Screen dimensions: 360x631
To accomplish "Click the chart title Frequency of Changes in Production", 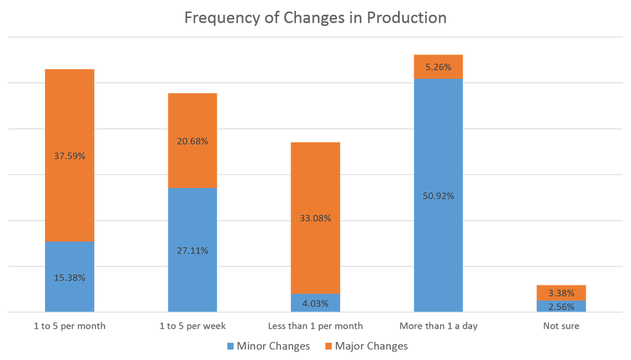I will [315, 18].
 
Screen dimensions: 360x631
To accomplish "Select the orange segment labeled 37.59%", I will [70, 155].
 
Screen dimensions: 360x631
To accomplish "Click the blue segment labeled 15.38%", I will [70, 277].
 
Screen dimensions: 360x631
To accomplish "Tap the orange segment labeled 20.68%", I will [192, 141].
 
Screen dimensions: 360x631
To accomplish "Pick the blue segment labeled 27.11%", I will [192, 250].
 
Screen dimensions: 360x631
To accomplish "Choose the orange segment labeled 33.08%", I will [315, 218].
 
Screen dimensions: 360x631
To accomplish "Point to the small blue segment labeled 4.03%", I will [315, 303].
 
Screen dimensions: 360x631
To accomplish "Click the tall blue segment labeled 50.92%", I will [438, 195].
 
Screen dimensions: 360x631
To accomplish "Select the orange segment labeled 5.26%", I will [438, 67].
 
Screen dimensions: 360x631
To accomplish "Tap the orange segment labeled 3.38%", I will [561, 293].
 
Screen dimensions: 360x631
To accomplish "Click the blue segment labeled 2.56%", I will [561, 306].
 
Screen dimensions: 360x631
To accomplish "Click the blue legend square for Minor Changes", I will [230, 346].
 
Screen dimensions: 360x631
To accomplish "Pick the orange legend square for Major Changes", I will [328, 346].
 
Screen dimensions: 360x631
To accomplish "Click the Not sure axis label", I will [561, 325].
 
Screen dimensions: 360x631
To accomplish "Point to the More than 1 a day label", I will [438, 325].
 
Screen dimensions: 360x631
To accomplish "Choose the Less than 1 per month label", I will [315, 325].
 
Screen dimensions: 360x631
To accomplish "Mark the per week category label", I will [192, 325].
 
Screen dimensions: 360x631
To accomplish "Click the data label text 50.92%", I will [438, 196].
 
